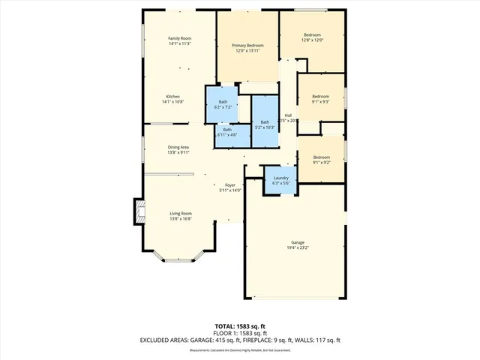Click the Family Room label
tap(179, 38)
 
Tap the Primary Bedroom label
tap(247, 46)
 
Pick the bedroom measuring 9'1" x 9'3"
tap(320, 99)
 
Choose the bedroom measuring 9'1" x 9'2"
tap(320, 160)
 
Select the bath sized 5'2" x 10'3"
tap(264, 125)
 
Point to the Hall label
tap(288, 115)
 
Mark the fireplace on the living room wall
tap(138, 211)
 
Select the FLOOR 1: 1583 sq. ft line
tap(239, 333)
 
